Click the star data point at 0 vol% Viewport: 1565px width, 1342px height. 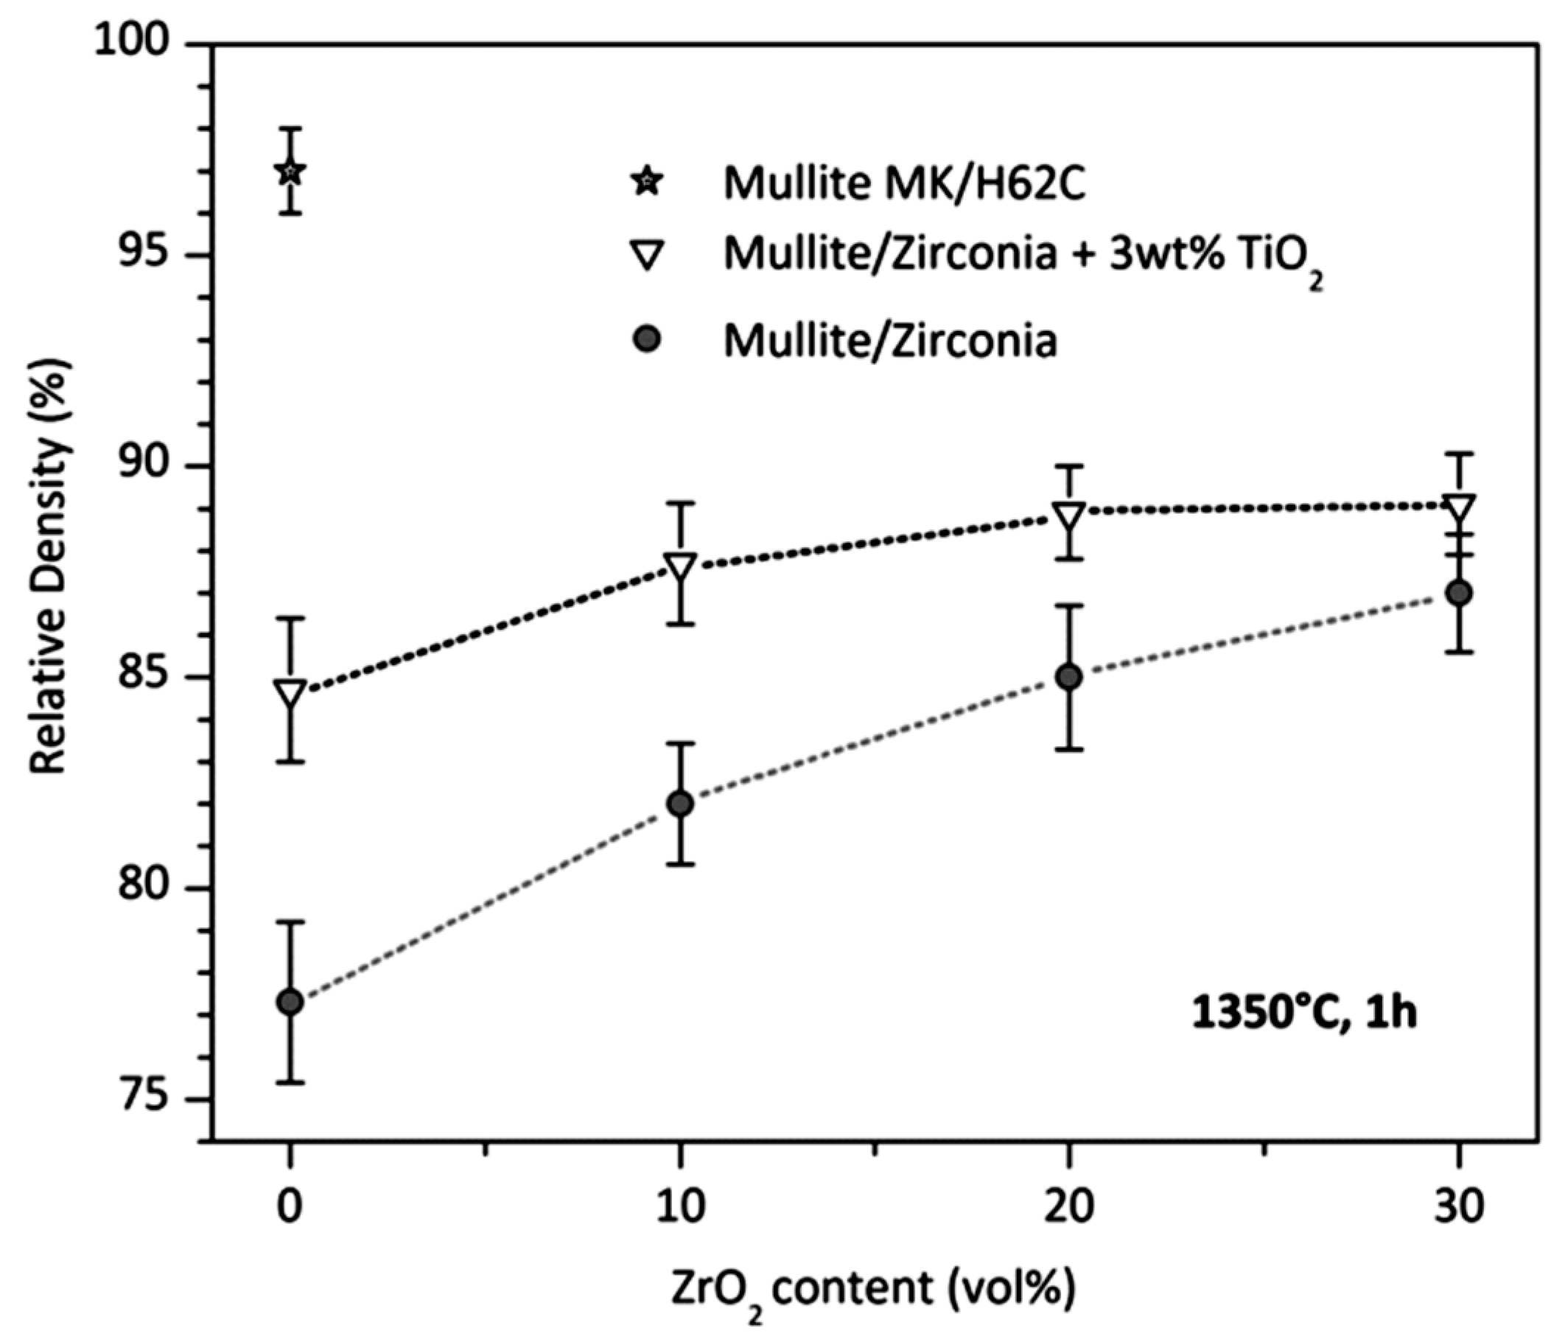[x=291, y=172]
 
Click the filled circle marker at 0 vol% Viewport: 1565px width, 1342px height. [x=291, y=1002]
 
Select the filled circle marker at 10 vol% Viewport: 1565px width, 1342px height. [x=681, y=804]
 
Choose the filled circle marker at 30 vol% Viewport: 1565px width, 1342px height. [x=1459, y=593]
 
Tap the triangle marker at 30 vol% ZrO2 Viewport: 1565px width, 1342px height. [x=1459, y=507]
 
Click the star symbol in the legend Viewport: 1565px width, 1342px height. [x=648, y=182]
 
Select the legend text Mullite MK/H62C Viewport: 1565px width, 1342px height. [x=904, y=183]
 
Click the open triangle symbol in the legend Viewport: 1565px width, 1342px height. [x=648, y=256]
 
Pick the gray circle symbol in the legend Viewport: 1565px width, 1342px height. [x=648, y=340]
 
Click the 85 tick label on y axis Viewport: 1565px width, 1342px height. [x=142, y=677]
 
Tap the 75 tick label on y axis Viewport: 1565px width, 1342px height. [x=142, y=1099]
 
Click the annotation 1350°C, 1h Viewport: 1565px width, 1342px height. [x=1303, y=1012]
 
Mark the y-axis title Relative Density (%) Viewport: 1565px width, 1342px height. [x=50, y=566]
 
